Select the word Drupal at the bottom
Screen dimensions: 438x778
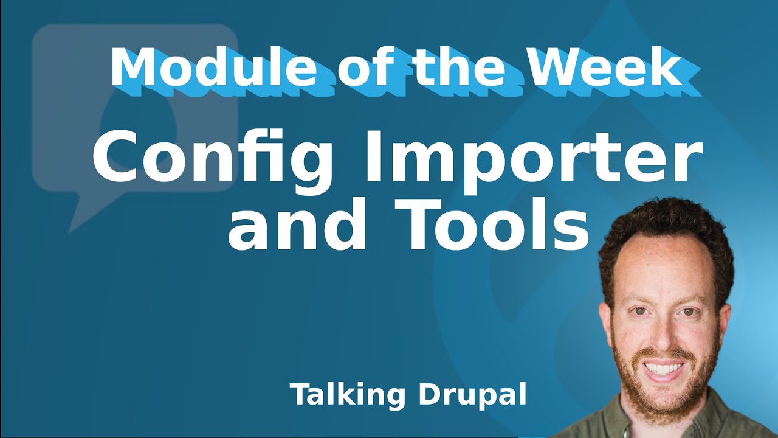tap(472, 395)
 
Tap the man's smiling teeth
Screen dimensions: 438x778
tap(663, 368)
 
